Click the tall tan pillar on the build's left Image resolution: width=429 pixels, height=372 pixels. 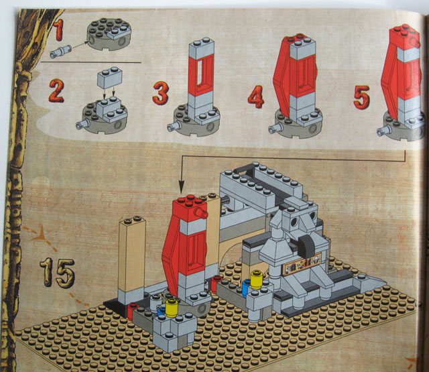(132, 258)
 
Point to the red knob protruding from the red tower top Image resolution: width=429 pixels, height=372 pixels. (202, 212)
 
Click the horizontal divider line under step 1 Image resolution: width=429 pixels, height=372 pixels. (90, 62)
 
